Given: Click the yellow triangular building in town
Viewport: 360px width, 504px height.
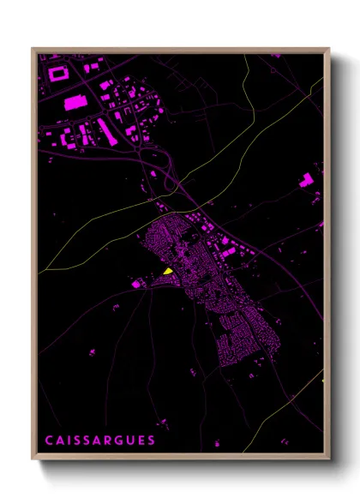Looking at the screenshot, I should (169, 272).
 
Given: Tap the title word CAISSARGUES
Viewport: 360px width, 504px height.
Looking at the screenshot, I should (100, 441).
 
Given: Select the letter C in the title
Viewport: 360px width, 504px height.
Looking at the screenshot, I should (49, 441).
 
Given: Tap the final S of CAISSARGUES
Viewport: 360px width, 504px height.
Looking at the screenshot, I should (153, 441).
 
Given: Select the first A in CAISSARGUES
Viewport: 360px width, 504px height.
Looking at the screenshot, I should (61, 441).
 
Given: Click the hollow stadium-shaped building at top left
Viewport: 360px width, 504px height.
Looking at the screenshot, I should (58, 74).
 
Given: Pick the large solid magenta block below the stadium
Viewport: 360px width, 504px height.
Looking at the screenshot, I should (75, 103).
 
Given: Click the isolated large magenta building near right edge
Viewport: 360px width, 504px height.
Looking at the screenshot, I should (306, 179).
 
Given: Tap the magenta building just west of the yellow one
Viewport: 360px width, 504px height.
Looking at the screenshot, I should (137, 282).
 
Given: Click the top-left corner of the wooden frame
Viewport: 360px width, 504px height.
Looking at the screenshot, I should (33, 49).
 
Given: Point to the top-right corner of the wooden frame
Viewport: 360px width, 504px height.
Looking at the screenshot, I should (329, 49).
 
